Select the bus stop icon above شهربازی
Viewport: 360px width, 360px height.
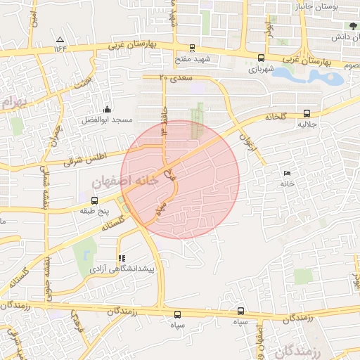pyautogui.click(x=262, y=58)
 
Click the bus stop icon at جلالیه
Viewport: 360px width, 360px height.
pyautogui.click(x=307, y=112)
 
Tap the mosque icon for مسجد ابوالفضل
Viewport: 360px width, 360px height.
pyautogui.click(x=107, y=109)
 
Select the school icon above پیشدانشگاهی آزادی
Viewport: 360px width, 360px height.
pyautogui.click(x=122, y=259)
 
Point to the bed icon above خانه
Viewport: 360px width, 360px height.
pyautogui.click(x=286, y=173)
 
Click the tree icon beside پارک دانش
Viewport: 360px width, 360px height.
pyautogui.click(x=352, y=25)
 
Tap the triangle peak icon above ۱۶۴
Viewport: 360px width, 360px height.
pyautogui.click(x=60, y=39)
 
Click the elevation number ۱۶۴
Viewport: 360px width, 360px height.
pyautogui.click(x=59, y=49)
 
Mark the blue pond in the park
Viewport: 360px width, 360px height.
pyautogui.click(x=328, y=76)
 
